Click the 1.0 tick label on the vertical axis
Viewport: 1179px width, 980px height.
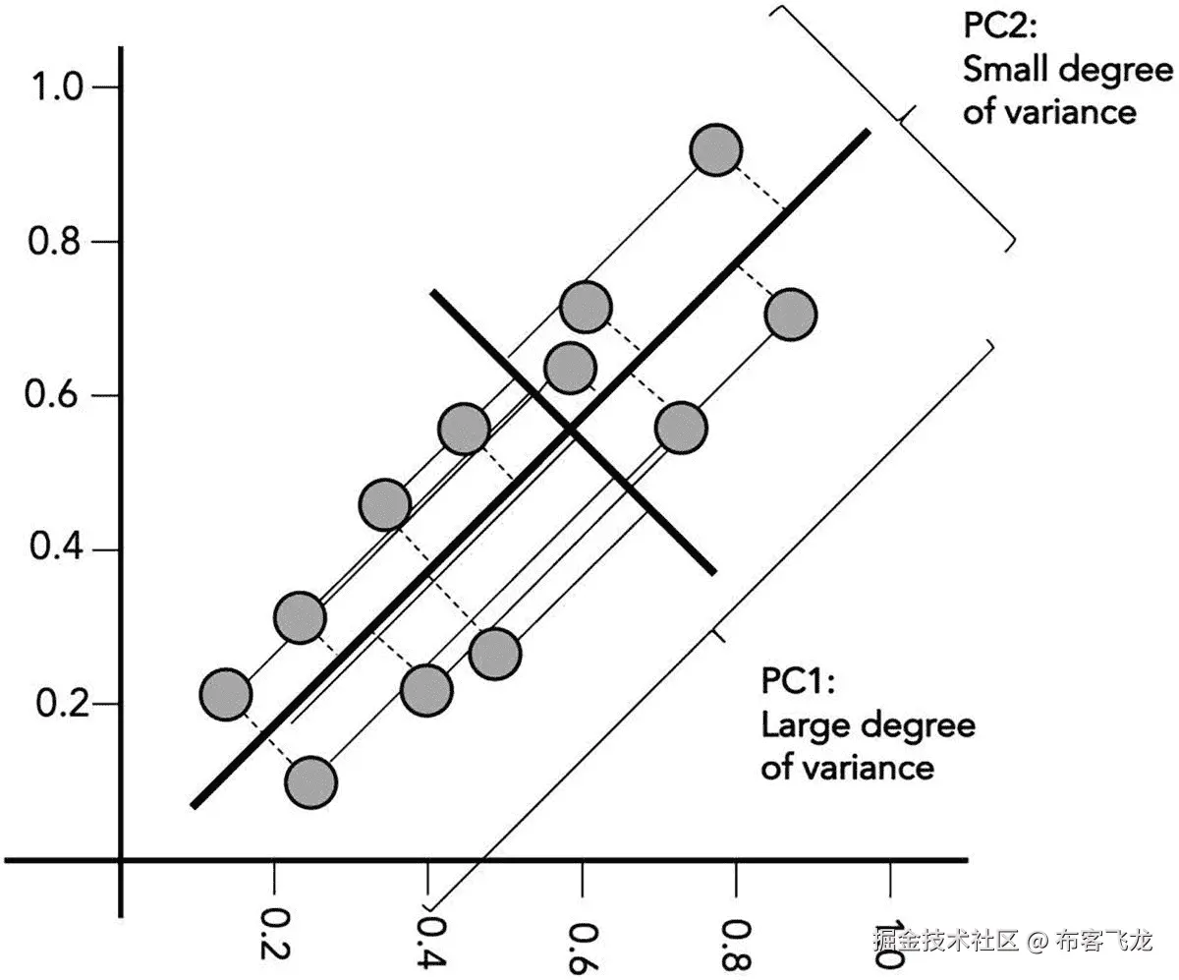58,87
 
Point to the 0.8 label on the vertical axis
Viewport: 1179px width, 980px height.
58,242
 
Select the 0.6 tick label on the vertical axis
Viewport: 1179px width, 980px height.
58,395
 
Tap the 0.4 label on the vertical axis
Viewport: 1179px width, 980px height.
58,549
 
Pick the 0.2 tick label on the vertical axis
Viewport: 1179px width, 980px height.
58,704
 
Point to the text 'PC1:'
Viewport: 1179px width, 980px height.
798,680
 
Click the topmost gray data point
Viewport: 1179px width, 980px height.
716,150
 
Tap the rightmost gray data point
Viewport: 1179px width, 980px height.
791,316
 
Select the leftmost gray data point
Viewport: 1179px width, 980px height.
226,694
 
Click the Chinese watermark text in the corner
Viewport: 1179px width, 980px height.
1012,941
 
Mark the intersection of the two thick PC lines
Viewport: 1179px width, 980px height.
570,430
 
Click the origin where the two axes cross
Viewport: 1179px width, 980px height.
121,861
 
